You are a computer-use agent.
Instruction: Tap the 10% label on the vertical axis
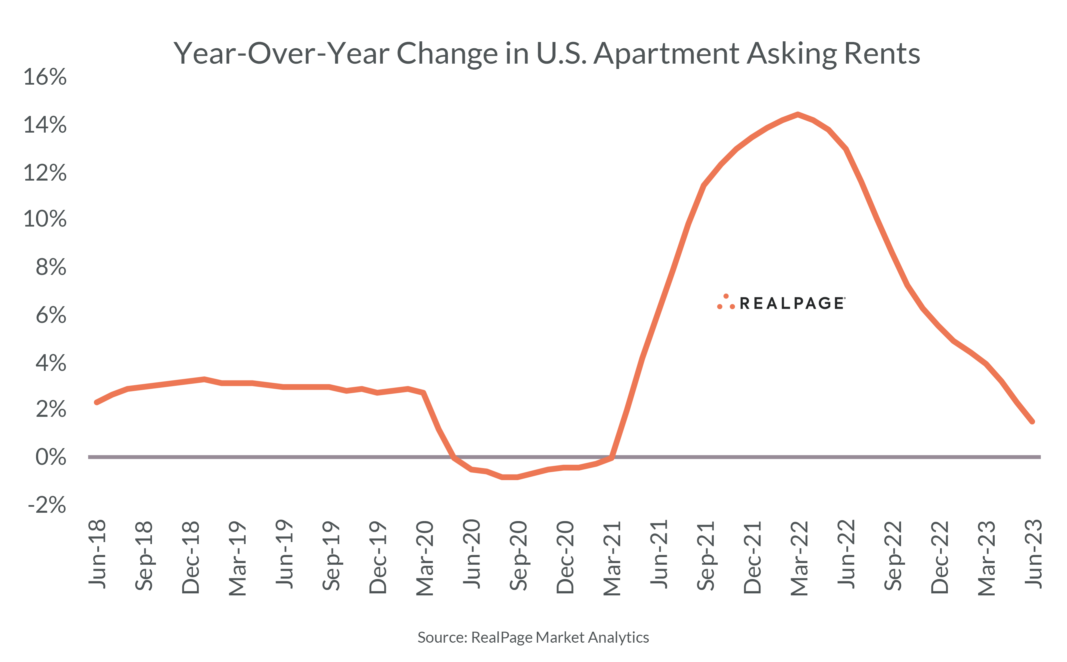click(45, 219)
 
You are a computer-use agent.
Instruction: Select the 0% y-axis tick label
click(51, 457)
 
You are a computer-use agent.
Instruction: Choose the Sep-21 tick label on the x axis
click(706, 555)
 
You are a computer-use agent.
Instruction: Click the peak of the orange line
click(798, 114)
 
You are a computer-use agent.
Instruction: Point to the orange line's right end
click(1032, 422)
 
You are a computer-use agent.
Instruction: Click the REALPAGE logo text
click(792, 304)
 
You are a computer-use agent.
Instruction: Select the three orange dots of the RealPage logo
click(725, 303)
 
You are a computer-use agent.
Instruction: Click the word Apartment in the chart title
click(666, 54)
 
